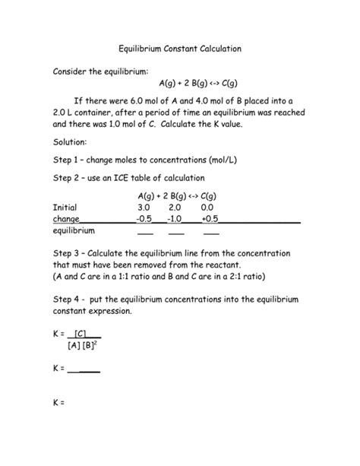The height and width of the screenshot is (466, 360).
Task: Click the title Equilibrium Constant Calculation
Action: point(179,48)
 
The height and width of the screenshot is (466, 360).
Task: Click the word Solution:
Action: point(71,142)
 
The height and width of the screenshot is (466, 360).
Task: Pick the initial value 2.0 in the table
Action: point(175,207)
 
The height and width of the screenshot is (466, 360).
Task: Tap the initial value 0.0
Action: point(207,207)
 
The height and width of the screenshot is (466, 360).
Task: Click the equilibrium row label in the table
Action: point(74,230)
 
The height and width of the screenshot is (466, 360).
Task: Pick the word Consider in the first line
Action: point(71,70)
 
